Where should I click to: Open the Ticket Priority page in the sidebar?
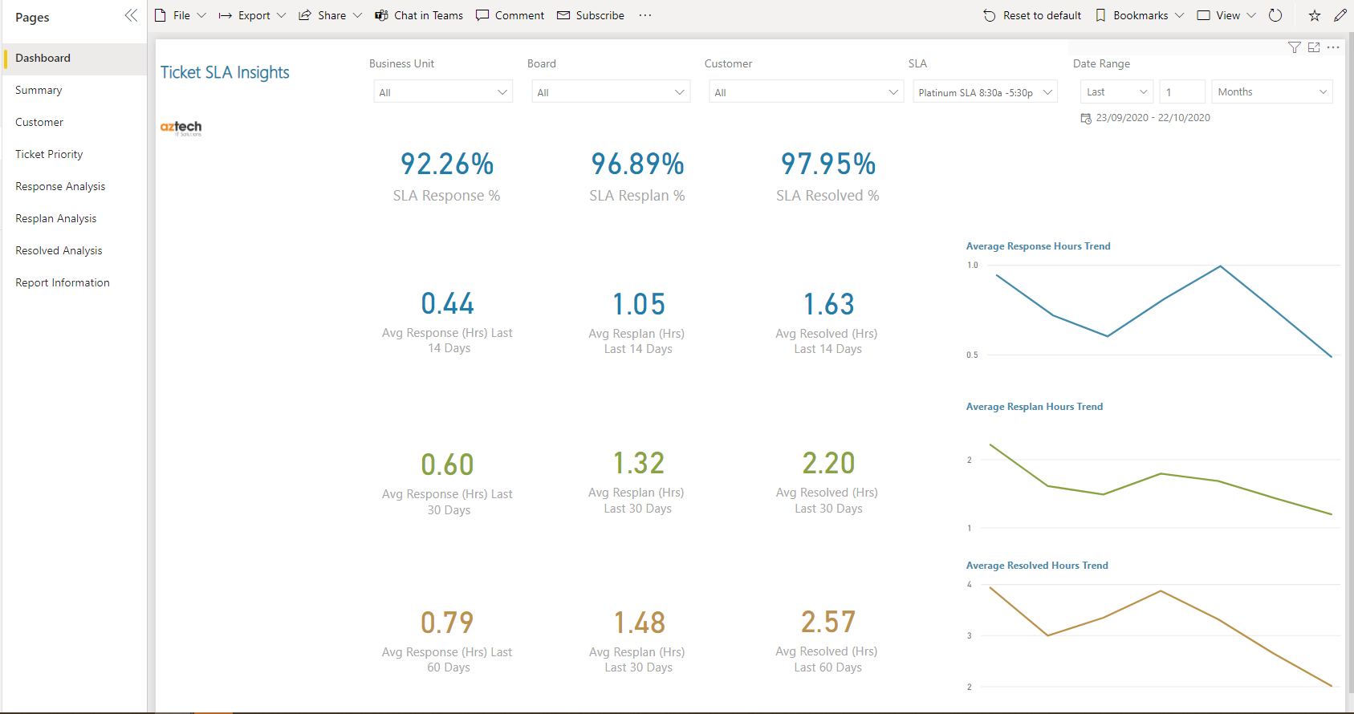coord(49,154)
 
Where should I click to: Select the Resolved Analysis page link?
coord(59,250)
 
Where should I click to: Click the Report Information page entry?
coord(62,282)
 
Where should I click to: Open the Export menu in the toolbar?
coord(253,15)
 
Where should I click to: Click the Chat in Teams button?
coord(419,15)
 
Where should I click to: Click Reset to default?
coord(1032,15)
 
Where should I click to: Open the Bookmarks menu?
coord(1140,15)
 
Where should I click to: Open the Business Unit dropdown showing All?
coord(443,92)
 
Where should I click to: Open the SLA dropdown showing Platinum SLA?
coord(985,92)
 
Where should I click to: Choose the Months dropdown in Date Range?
coord(1272,92)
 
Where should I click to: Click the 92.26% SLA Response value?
coord(447,164)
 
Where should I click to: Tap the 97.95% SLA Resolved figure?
coord(828,164)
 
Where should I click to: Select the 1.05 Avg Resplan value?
coord(638,304)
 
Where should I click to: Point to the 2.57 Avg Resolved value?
coord(828,622)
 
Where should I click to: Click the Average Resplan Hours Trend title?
coord(1034,407)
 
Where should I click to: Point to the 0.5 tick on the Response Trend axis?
coord(972,355)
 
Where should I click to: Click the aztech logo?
coord(181,128)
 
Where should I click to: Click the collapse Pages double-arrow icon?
coord(131,15)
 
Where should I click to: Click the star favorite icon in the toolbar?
coord(1315,15)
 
